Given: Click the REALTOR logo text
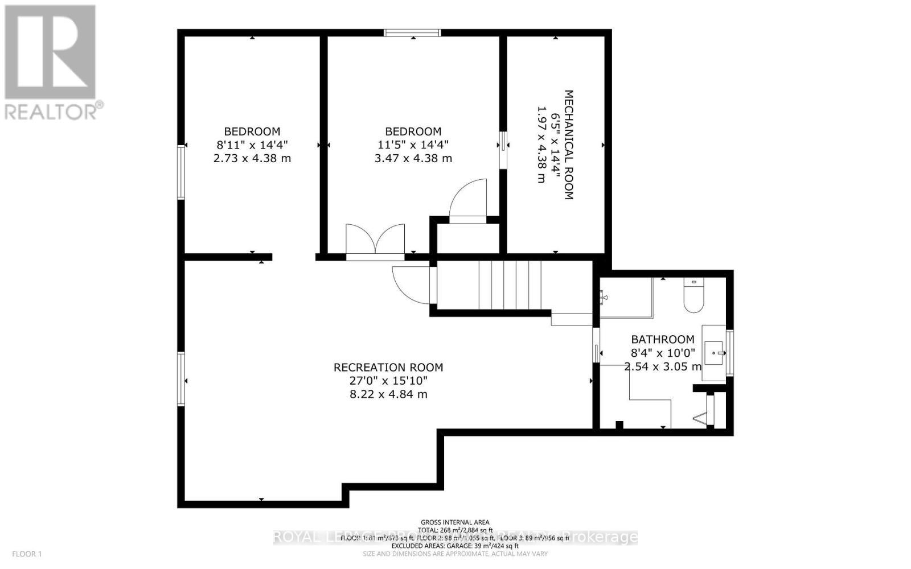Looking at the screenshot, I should pyautogui.click(x=54, y=111).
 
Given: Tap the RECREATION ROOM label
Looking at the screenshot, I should pyautogui.click(x=388, y=368).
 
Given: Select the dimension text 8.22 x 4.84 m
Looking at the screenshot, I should pyautogui.click(x=388, y=394).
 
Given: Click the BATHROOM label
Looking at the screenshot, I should pyautogui.click(x=662, y=339).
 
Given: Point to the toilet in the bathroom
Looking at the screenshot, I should pyautogui.click(x=693, y=297).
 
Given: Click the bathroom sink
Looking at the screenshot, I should pyautogui.click(x=714, y=353).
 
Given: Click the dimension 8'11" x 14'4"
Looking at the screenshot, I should pyautogui.click(x=252, y=145).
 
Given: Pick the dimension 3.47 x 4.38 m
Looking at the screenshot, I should pyautogui.click(x=413, y=158).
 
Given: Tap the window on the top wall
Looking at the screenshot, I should pyautogui.click(x=412, y=32).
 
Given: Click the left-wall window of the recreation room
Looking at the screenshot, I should pyautogui.click(x=181, y=378).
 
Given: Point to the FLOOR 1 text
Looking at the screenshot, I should pyautogui.click(x=27, y=554).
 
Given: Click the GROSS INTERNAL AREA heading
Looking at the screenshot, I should pyautogui.click(x=454, y=522).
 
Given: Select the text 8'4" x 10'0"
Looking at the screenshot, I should pyautogui.click(x=662, y=353).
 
